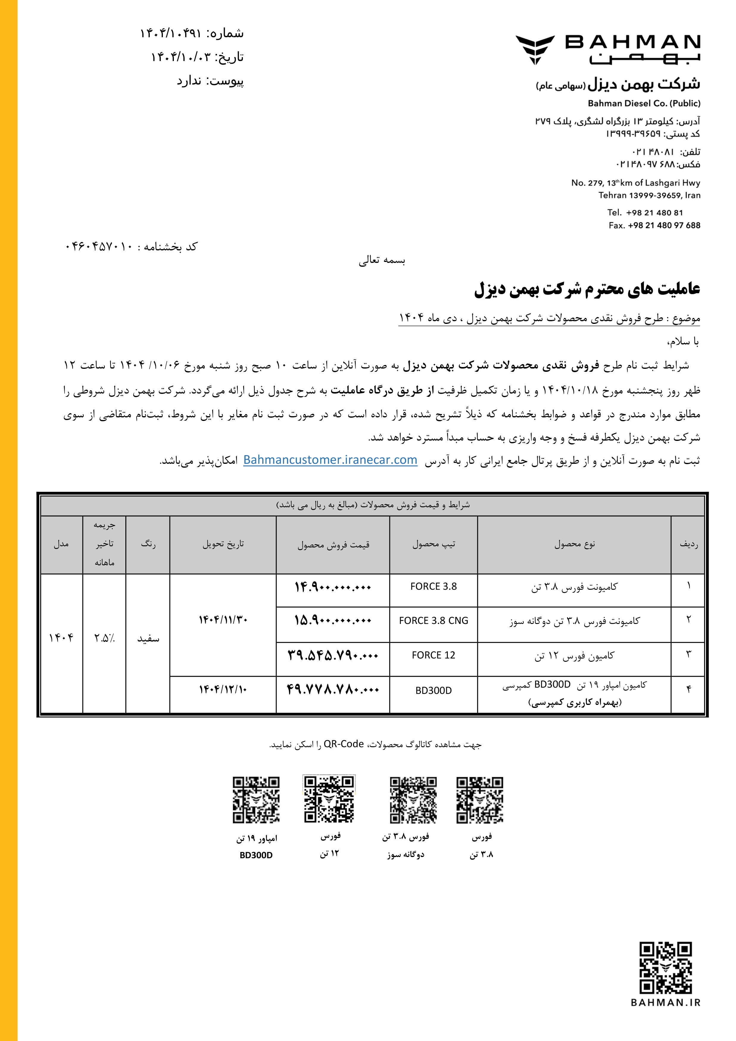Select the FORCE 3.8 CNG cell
[x=434, y=621]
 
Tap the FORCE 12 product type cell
[x=434, y=655]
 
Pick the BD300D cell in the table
[x=434, y=691]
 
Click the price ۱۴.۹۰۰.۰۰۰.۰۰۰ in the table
[x=333, y=587]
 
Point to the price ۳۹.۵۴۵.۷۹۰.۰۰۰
[x=333, y=655]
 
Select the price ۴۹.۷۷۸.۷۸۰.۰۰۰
[x=333, y=690]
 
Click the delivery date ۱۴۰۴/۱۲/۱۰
[x=223, y=690]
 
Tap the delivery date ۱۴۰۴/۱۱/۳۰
[x=223, y=620]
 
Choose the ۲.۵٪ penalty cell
[x=104, y=638]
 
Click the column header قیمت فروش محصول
[x=333, y=544]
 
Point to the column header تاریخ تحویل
[x=223, y=544]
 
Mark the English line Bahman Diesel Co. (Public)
[x=644, y=103]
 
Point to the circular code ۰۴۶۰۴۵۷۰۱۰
[x=99, y=247]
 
